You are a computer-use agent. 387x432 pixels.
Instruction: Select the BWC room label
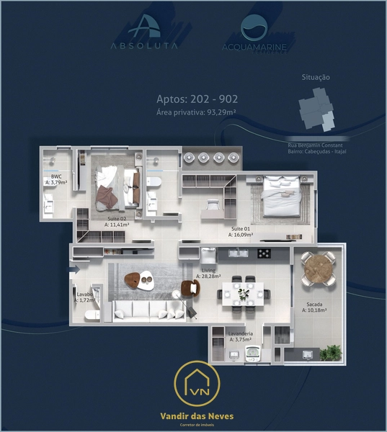pyautogui.click(x=56, y=179)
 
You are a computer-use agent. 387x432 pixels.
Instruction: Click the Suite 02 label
pyautogui.click(x=116, y=221)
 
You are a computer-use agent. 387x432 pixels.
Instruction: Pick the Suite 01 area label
pyautogui.click(x=241, y=231)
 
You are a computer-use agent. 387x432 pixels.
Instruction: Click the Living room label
pyautogui.click(x=209, y=272)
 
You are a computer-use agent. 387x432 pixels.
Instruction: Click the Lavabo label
pyautogui.click(x=85, y=297)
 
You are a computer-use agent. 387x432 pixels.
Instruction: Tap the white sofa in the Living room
pyautogui.click(x=148, y=310)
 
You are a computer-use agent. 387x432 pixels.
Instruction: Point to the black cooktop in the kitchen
pyautogui.click(x=264, y=253)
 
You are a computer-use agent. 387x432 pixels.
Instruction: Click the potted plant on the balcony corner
pyautogui.click(x=332, y=352)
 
